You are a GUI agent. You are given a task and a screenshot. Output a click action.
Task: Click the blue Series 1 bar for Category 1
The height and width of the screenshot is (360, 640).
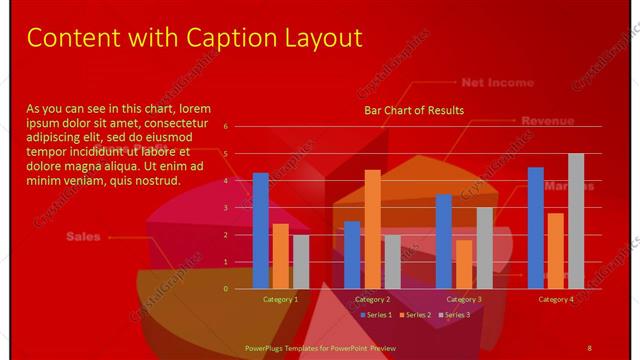(x=260, y=231)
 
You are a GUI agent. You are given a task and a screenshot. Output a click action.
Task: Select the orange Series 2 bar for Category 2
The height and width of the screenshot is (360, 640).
(x=372, y=229)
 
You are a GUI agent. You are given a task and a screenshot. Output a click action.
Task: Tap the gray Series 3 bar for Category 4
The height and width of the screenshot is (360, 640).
(x=576, y=221)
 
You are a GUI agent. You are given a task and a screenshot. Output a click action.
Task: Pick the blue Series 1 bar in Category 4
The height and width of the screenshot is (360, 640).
(x=535, y=228)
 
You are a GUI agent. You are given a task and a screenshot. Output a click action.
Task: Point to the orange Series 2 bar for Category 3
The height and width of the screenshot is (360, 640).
(x=464, y=264)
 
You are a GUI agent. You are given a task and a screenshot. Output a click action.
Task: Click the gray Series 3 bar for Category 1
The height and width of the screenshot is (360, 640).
(x=301, y=262)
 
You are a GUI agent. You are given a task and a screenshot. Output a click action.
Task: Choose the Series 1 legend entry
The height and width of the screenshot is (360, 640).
(x=375, y=315)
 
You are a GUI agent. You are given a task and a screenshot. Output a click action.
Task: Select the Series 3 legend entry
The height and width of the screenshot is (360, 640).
(x=453, y=315)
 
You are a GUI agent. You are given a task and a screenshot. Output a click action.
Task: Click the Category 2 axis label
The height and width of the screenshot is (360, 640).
(x=372, y=299)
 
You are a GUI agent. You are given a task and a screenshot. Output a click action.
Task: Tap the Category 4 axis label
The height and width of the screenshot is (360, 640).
(x=556, y=299)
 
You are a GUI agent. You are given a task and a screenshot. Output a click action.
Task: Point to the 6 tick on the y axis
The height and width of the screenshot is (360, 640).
(x=226, y=127)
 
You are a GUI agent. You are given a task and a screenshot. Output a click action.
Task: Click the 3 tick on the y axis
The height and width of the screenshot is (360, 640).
(x=226, y=208)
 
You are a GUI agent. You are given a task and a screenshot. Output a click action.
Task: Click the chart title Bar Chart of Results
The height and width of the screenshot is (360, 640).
(x=413, y=110)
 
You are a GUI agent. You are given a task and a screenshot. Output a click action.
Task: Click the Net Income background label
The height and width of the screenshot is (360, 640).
(x=497, y=83)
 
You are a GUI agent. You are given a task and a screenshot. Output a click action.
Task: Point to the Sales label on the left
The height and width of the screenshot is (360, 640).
(x=84, y=237)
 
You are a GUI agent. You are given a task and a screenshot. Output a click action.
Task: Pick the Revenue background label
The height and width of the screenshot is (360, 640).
(x=547, y=121)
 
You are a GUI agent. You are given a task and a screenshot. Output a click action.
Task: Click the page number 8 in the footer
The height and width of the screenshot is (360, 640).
(x=589, y=347)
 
